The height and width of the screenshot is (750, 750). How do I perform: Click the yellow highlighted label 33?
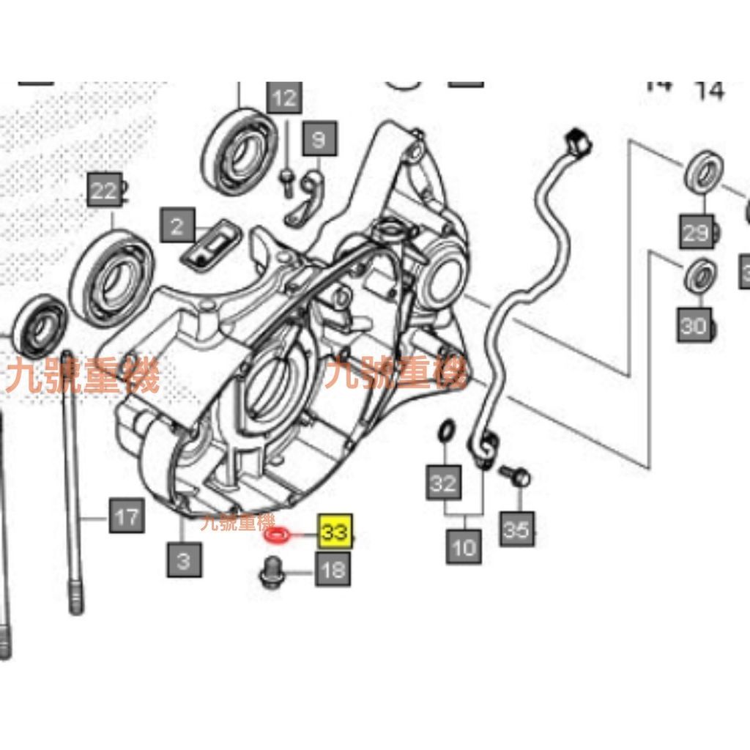tap(335, 531)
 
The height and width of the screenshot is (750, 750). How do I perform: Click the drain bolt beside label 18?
tap(272, 573)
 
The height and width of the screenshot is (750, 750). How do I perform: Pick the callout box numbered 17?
tap(126, 516)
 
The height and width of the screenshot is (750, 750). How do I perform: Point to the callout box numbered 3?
tap(183, 560)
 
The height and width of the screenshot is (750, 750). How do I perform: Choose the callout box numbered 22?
tap(103, 192)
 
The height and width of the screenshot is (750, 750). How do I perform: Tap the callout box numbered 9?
tap(319, 138)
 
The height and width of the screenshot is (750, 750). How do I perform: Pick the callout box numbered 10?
tap(464, 546)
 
